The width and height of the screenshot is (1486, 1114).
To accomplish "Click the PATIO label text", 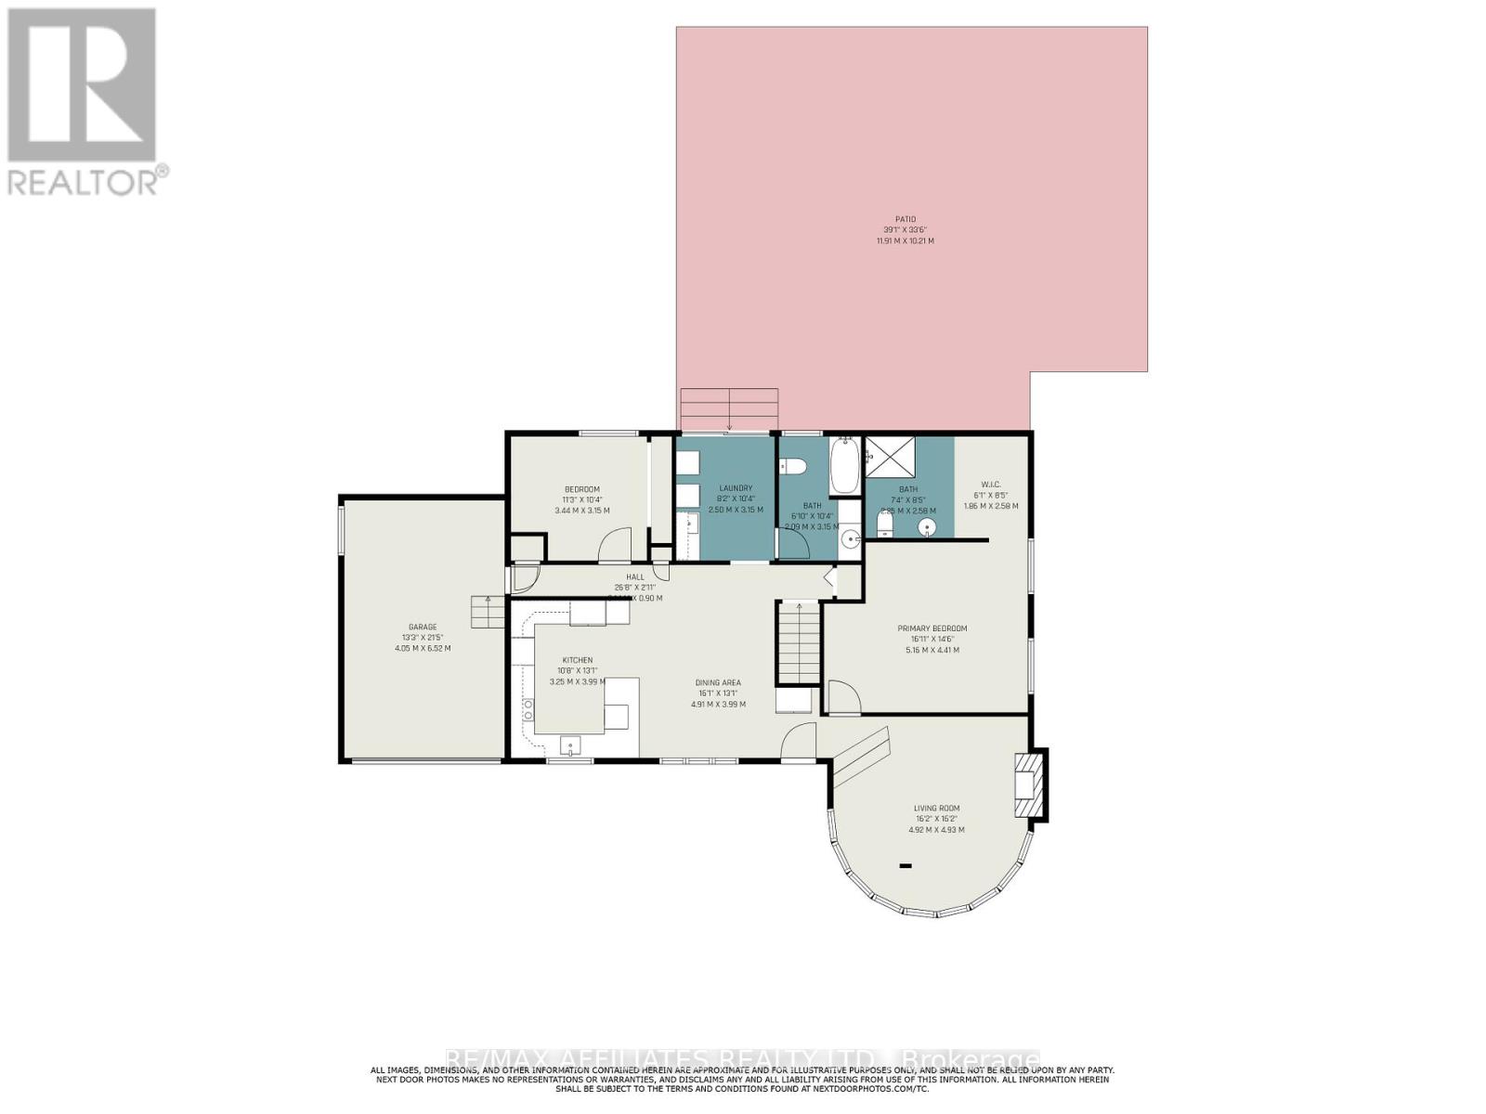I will click(x=905, y=219).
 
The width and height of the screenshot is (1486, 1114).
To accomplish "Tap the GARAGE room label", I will click(x=423, y=627).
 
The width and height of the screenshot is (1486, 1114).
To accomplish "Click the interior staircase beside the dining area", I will click(x=799, y=642).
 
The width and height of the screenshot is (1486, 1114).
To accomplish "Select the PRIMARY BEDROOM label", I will click(x=932, y=628).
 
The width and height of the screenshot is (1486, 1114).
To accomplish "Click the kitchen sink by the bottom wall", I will click(x=569, y=745).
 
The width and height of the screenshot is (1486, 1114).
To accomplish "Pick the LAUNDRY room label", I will click(x=735, y=488).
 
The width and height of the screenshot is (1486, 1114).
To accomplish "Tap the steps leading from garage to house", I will click(x=489, y=613).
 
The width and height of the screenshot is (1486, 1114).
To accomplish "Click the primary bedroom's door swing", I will click(x=842, y=696).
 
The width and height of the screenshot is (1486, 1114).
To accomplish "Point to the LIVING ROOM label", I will click(x=935, y=809).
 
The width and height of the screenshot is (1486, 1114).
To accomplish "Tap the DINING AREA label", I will click(x=718, y=682).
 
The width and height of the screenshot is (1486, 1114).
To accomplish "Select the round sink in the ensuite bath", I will click(x=927, y=527).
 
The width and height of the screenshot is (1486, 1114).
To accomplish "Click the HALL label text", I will click(x=634, y=576).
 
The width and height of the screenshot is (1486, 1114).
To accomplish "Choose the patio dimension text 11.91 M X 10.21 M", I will click(x=905, y=240).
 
